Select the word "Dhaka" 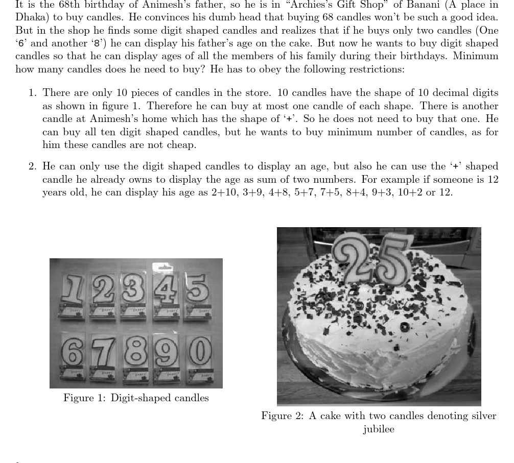(x=31, y=17)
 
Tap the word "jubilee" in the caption (x=379, y=429)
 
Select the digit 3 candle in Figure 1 (x=134, y=288)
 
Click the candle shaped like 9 (x=167, y=352)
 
